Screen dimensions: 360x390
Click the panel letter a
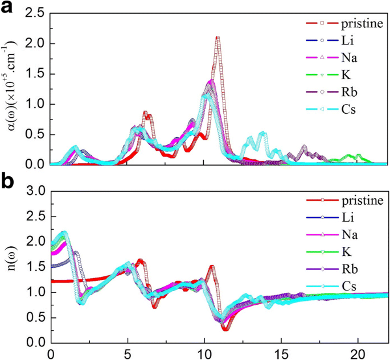[x=7, y=8]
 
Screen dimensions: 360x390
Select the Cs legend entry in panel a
[x=347, y=109]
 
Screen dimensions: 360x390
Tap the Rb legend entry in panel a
[x=348, y=92]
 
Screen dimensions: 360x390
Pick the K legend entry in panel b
[x=347, y=251]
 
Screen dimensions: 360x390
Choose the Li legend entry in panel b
[x=347, y=217]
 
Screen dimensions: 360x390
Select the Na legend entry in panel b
[x=348, y=234]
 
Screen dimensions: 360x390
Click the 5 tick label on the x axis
[x=128, y=353]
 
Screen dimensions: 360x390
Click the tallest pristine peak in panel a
[x=217, y=38]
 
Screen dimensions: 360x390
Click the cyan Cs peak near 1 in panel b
[x=64, y=232]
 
